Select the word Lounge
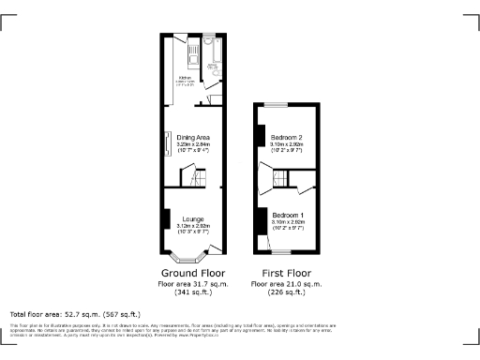click(x=193, y=219)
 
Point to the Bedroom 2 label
click(x=287, y=137)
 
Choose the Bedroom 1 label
click(x=287, y=215)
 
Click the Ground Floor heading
click(x=192, y=273)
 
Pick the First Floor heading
click(x=287, y=273)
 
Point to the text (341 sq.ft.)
click(x=192, y=292)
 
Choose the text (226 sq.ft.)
click(x=287, y=292)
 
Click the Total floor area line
click(x=75, y=314)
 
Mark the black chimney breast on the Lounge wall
click(x=166, y=219)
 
